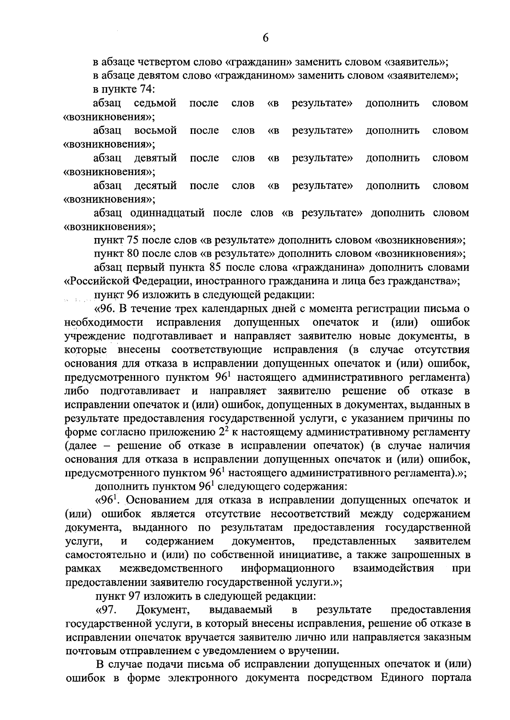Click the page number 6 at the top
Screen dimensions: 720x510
coord(265,38)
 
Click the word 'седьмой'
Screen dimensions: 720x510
coord(155,103)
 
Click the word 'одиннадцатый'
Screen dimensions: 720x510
coord(169,213)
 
